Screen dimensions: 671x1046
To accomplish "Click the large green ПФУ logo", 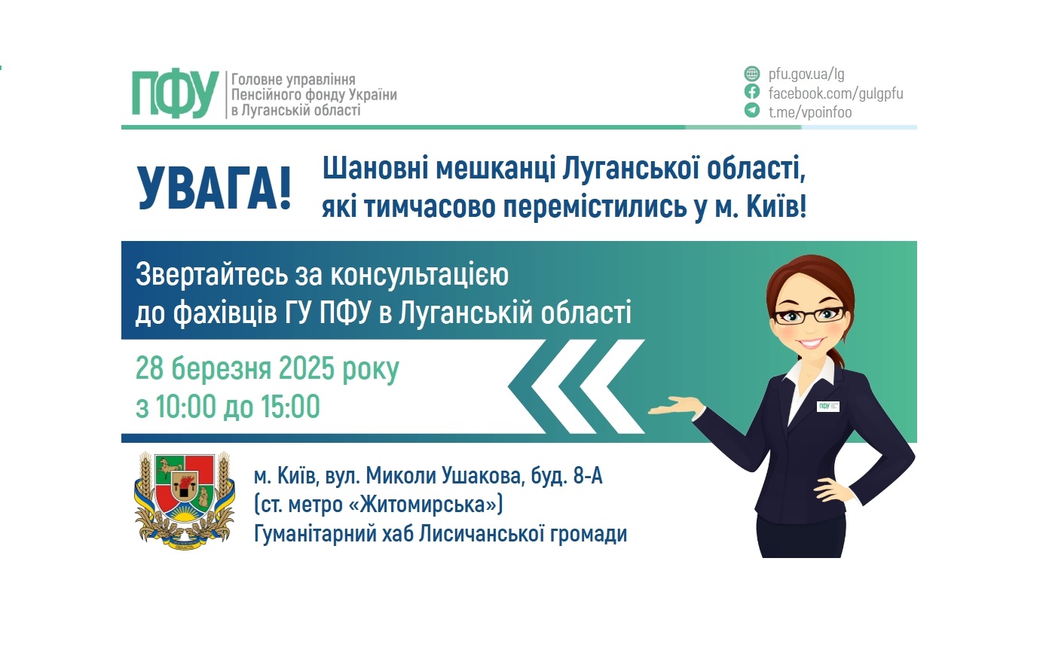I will coord(175,94).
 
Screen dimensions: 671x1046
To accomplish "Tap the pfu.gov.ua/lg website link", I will coord(806,74).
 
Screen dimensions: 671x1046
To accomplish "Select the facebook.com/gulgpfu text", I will coord(835,93).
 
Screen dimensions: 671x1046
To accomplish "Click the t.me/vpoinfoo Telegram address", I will coord(809,112).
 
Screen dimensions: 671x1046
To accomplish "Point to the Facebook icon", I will coord(751,92).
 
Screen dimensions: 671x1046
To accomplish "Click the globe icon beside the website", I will coord(751,74).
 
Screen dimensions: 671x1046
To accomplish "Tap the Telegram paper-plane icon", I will coord(751,111).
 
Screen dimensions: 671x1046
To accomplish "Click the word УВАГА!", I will coord(215,188).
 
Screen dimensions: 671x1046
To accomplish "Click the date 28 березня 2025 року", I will coord(267,368).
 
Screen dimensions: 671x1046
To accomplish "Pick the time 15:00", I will coord(290,407).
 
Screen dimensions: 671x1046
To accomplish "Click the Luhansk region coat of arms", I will coord(184,500).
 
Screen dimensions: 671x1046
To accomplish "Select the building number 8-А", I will coord(588,476).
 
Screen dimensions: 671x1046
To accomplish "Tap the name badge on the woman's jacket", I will coord(828,406).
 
